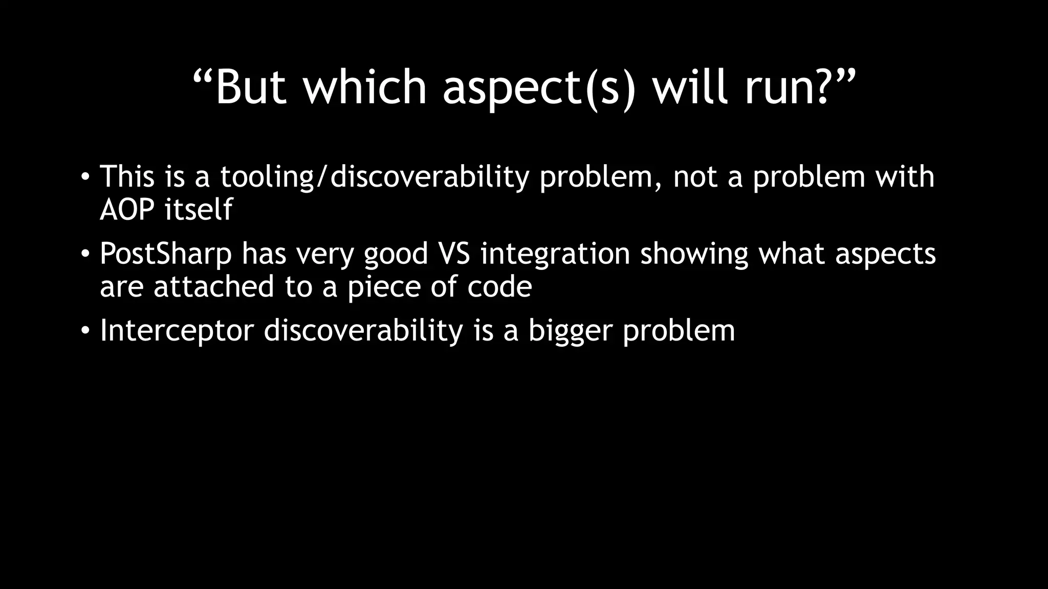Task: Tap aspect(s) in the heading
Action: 539,88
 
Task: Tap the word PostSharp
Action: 165,254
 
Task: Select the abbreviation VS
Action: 454,254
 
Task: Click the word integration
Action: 555,254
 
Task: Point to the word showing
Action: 694,254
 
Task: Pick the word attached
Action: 213,286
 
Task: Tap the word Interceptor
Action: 177,330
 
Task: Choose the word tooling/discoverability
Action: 375,177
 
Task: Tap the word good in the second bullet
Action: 396,255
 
